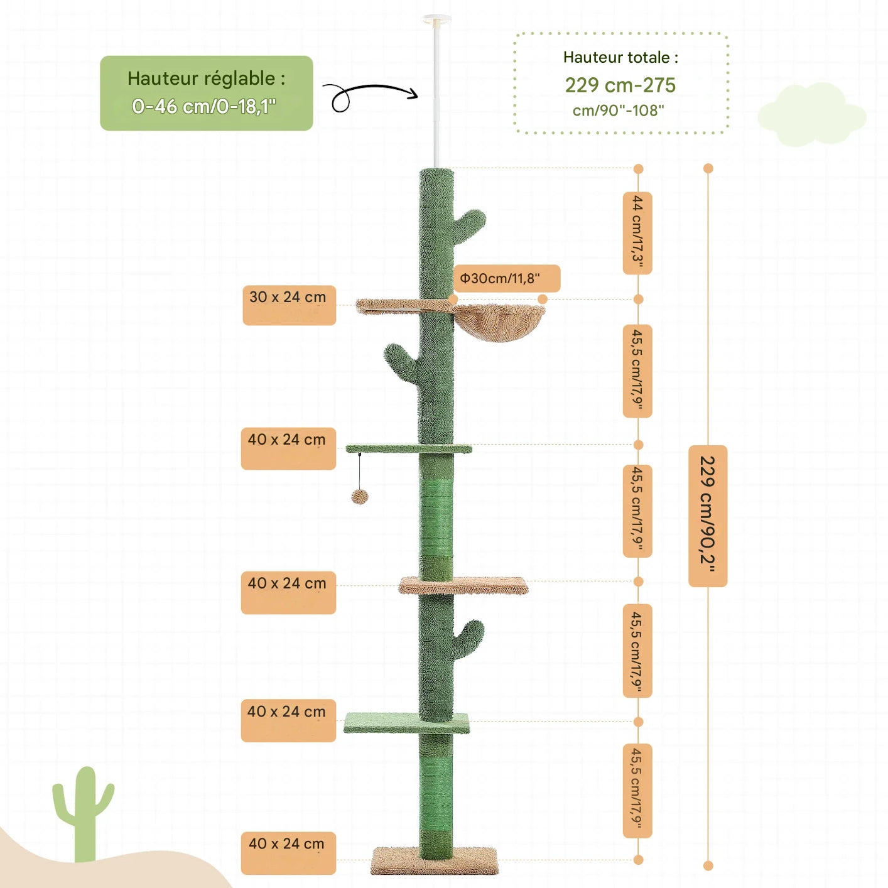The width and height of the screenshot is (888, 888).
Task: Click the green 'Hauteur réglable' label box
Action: [206, 93]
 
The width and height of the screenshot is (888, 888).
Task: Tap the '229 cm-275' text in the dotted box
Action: [620, 85]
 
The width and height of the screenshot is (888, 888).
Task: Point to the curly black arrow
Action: [371, 95]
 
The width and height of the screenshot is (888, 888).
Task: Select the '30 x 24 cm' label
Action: [289, 305]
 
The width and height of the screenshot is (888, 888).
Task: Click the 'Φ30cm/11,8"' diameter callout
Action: [506, 278]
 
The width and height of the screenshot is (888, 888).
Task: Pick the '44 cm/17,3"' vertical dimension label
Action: [637, 233]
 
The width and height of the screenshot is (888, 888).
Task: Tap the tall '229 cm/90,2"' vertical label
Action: [708, 516]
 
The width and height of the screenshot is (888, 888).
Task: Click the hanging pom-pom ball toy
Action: [360, 497]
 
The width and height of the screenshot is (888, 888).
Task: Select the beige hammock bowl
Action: [500, 322]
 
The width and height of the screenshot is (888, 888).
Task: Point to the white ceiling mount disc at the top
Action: [436, 21]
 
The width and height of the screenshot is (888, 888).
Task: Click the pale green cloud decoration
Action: [812, 115]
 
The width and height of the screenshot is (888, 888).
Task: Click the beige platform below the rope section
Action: [463, 585]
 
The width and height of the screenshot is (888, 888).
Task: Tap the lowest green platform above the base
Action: [406, 723]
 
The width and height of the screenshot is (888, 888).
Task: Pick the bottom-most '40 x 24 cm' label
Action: [288, 853]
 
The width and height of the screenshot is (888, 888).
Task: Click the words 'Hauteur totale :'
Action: [620, 57]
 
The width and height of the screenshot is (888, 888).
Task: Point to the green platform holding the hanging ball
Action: [408, 448]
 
